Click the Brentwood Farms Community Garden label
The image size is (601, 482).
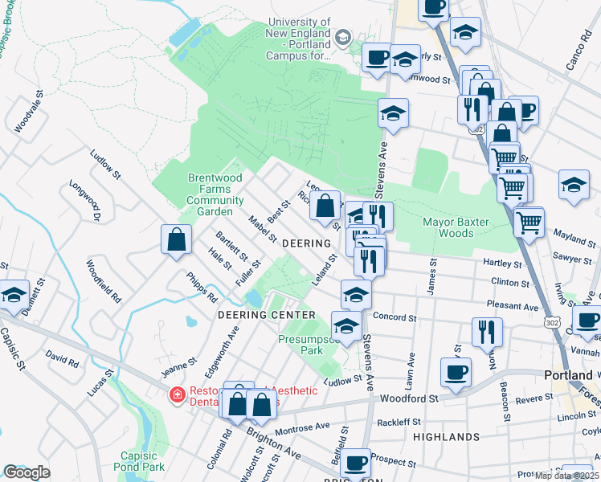215,194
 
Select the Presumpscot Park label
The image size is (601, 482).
300,345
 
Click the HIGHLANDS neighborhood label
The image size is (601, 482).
446,437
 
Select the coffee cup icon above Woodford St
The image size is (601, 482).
456,373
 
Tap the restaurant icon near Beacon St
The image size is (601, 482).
487,331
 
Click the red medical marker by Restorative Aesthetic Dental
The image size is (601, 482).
176,395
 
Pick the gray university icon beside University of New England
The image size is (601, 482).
343,38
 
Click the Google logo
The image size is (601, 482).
27,472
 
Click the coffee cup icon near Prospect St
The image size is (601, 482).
355,463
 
